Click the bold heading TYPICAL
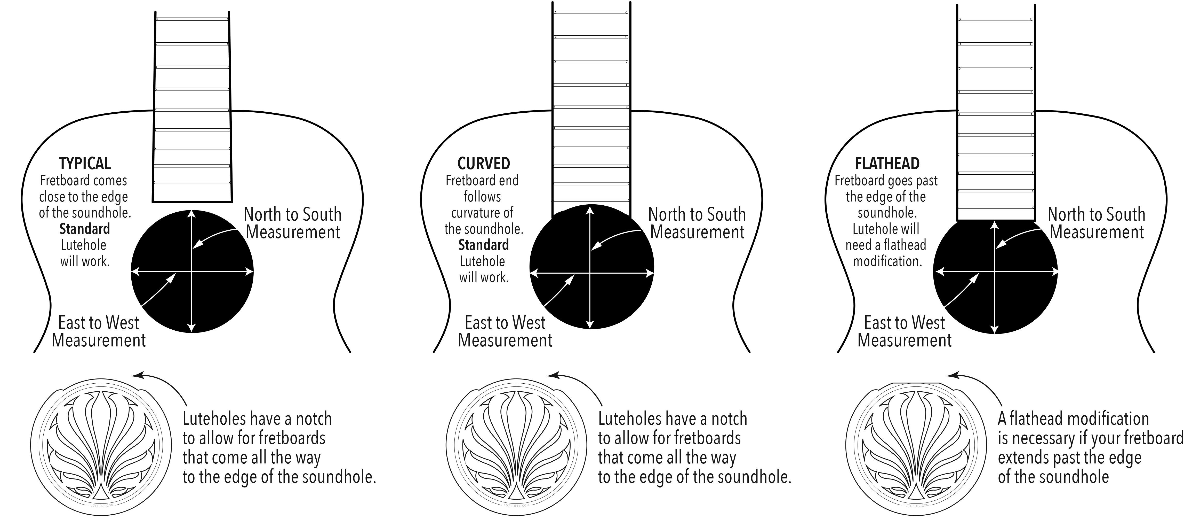85,164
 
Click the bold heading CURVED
484,164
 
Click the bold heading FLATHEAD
887,164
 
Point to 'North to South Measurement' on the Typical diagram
293,223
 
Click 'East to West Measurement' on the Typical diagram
99,332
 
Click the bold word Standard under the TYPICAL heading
85,229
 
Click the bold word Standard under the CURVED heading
484,245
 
